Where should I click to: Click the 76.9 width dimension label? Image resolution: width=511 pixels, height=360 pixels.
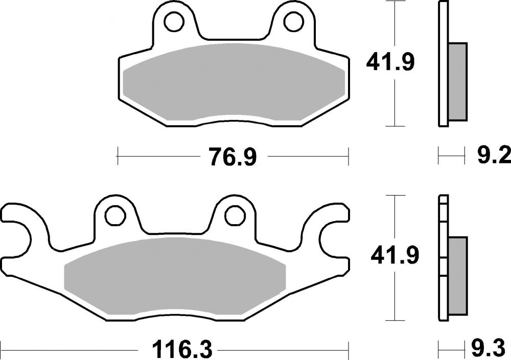[231, 157]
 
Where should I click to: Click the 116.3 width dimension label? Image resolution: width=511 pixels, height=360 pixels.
[175, 350]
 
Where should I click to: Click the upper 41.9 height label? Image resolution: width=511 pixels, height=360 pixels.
[390, 63]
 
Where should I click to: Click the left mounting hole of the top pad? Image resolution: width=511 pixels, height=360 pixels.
[174, 21]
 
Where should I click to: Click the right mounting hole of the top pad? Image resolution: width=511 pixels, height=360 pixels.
[293, 21]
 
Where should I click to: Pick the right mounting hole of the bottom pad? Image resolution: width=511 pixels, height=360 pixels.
[234, 214]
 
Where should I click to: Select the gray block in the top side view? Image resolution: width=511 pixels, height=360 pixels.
[457, 82]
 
